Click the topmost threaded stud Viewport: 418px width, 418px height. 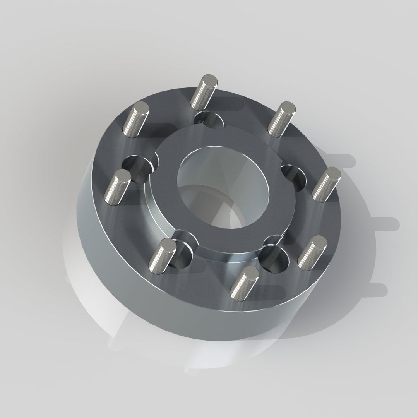[204, 91]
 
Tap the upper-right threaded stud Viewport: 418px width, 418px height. [282, 119]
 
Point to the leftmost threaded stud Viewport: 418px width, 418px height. [118, 187]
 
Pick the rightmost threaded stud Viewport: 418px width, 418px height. [326, 184]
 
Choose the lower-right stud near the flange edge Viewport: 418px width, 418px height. [312, 252]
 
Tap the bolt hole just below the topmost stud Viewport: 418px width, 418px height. [209, 120]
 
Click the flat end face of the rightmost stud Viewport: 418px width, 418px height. [332, 173]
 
